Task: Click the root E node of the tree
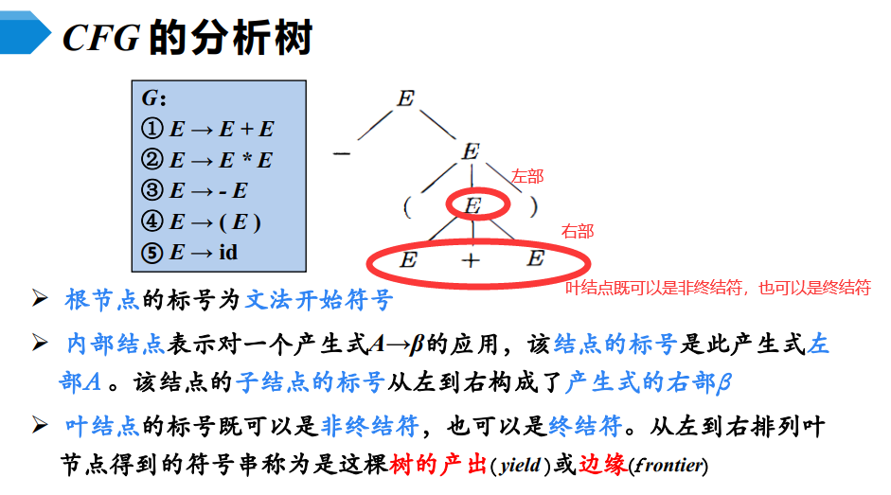click(x=405, y=98)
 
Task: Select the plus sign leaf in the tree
click(x=472, y=260)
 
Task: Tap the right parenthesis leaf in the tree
click(x=534, y=205)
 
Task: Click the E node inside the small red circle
click(x=472, y=205)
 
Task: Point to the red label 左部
click(x=527, y=176)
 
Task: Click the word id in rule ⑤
click(x=228, y=253)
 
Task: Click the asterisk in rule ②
click(x=241, y=160)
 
